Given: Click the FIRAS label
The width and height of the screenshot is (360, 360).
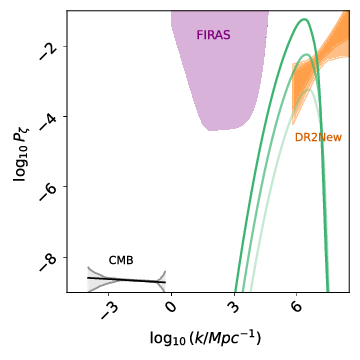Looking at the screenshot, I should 213,35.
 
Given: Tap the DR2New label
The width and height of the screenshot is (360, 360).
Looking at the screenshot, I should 318,137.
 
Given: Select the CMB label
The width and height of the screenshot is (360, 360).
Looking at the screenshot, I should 121,260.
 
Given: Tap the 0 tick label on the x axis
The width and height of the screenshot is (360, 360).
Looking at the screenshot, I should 171,306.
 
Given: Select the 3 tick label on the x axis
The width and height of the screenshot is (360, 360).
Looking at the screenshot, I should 234,306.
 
